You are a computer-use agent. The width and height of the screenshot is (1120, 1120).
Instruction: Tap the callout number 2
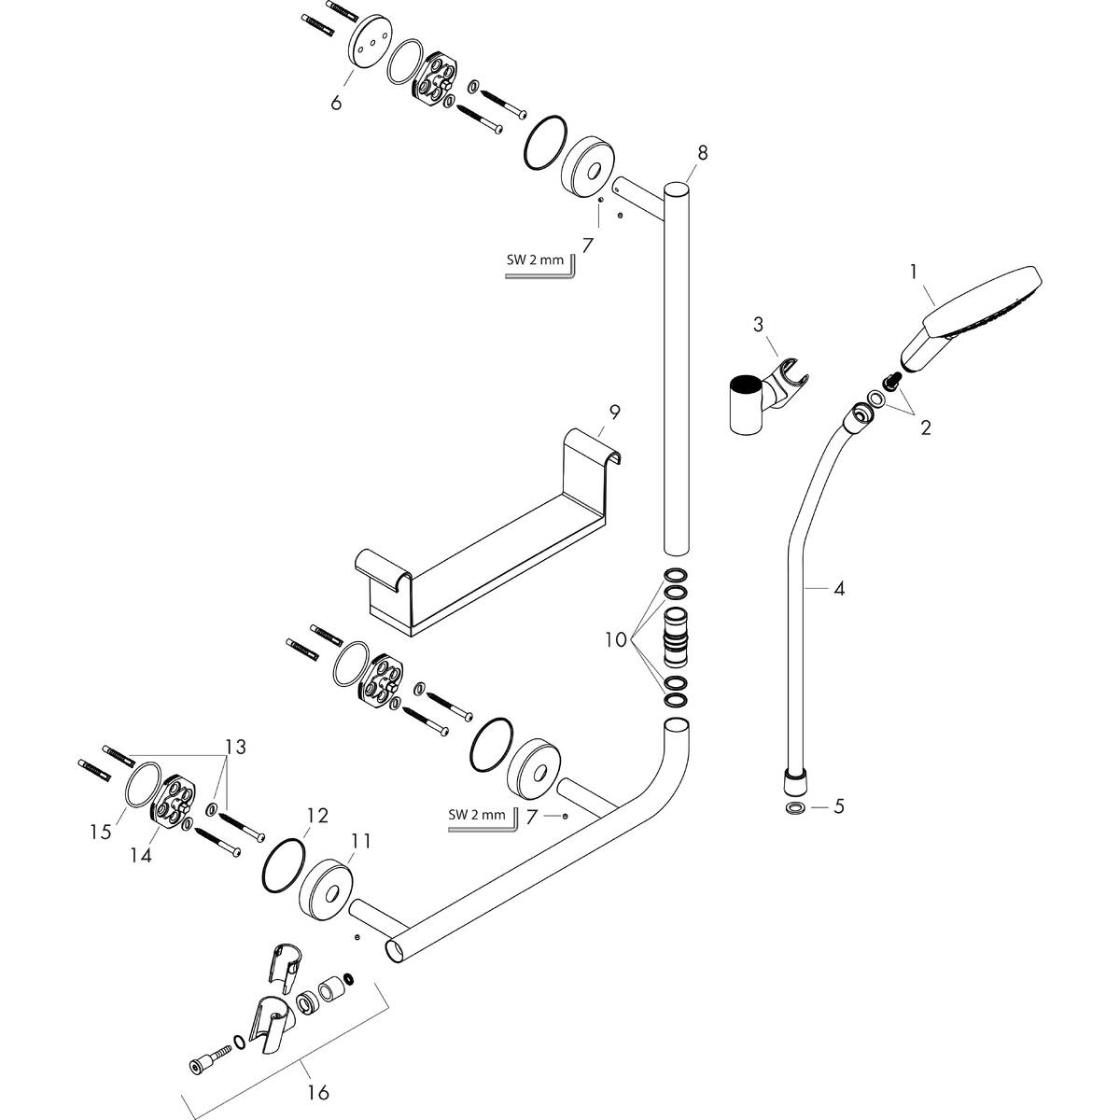(925, 428)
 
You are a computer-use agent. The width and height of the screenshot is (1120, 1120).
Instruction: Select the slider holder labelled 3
(761, 397)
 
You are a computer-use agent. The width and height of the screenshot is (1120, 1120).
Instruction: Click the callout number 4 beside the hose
(839, 589)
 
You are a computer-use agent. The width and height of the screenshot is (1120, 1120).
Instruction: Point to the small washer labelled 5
(796, 805)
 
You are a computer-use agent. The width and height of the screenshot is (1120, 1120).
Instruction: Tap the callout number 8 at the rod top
(702, 151)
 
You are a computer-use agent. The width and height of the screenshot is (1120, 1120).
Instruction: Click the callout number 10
(615, 640)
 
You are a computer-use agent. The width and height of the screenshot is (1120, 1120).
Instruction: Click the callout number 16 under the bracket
(318, 1091)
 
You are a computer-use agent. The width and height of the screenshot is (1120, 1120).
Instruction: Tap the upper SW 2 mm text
(535, 260)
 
